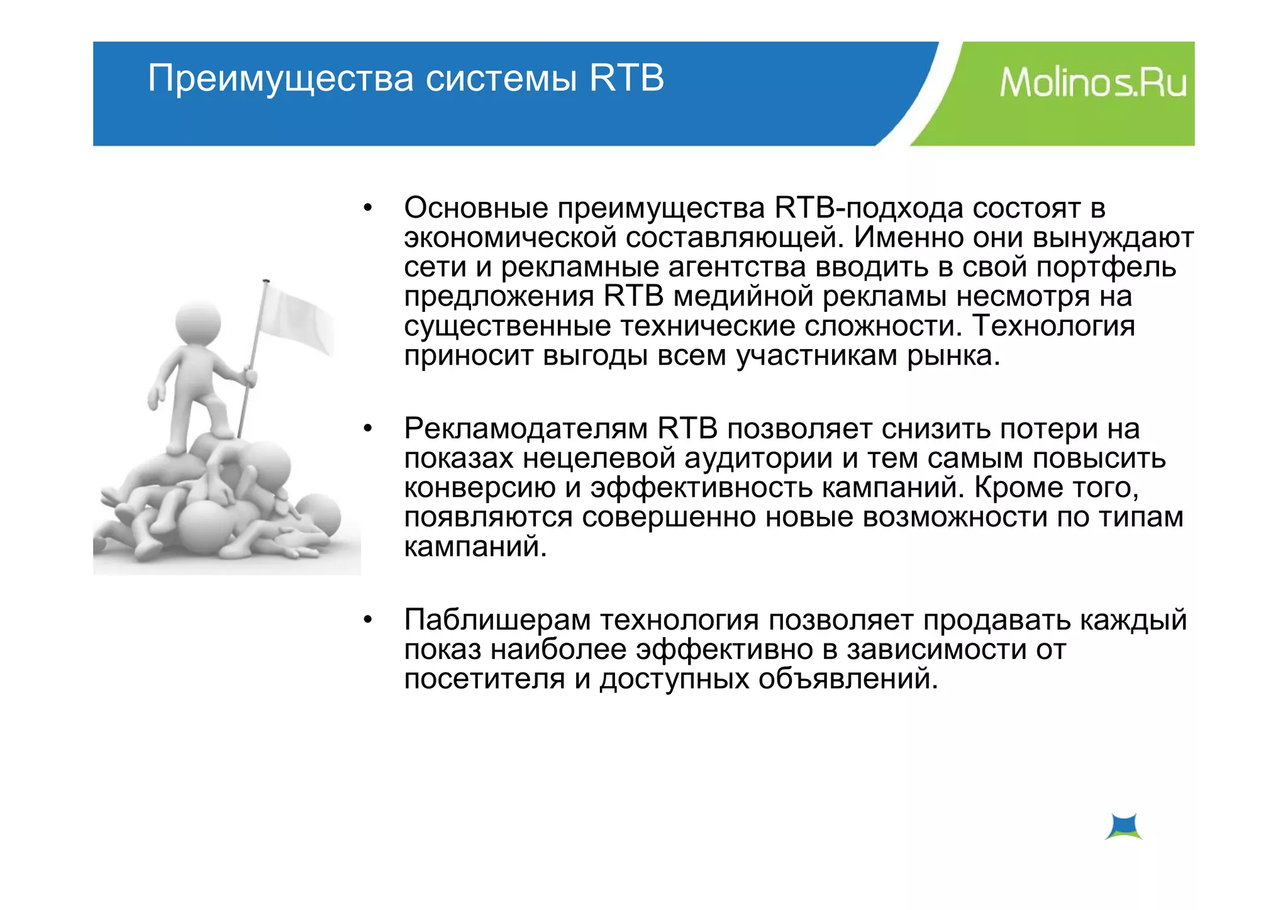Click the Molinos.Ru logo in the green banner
tap(1092, 82)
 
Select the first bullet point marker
tap(368, 208)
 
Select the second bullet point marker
tap(368, 429)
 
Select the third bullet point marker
tap(368, 620)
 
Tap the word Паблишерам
tap(497, 620)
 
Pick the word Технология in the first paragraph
tap(1053, 326)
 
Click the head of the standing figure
tap(198, 321)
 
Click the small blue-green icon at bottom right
tap(1124, 826)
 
